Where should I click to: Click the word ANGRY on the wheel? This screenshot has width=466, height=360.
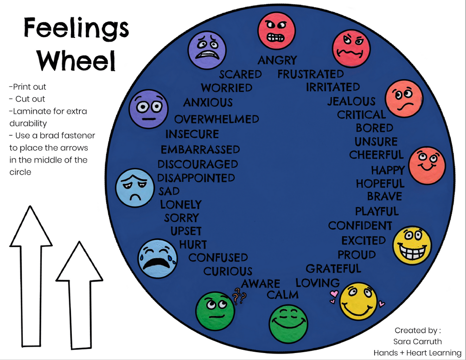(277, 60)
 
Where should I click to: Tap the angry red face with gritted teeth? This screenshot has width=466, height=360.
(276, 31)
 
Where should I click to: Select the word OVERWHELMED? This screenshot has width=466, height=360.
(217, 120)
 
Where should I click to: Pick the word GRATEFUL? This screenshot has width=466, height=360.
(333, 269)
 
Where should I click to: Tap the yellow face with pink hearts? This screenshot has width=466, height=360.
(358, 301)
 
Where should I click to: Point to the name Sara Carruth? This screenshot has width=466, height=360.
(417, 341)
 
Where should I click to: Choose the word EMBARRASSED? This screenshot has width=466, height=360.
(200, 150)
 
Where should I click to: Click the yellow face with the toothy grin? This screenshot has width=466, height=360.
(412, 246)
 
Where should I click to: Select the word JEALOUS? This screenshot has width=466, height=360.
(351, 101)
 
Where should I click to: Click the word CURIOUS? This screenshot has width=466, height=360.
(228, 271)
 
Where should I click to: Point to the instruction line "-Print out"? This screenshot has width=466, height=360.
(27, 87)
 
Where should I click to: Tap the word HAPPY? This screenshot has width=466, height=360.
(388, 171)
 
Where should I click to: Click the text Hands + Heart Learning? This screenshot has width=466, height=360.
(417, 353)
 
